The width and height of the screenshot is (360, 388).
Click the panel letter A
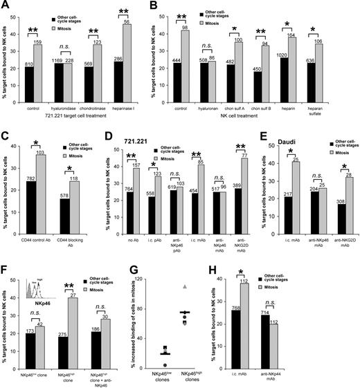pos(6,6)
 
